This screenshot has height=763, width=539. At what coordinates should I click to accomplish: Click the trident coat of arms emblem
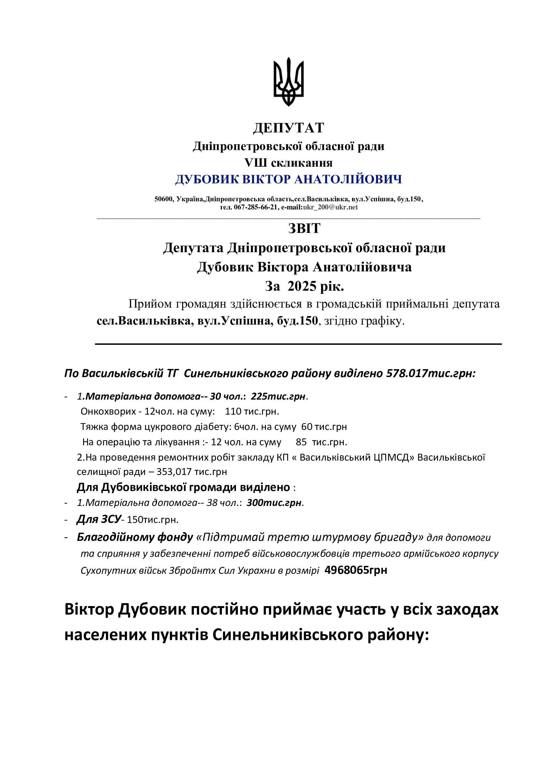(x=288, y=82)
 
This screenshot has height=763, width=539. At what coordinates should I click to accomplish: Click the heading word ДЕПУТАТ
(x=288, y=128)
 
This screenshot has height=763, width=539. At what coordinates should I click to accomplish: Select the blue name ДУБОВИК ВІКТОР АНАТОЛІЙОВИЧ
(x=288, y=179)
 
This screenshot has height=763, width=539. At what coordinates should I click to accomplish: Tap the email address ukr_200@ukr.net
(x=330, y=207)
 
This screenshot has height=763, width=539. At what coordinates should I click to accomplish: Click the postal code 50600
(x=164, y=199)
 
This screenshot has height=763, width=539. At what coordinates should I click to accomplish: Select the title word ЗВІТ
(x=304, y=229)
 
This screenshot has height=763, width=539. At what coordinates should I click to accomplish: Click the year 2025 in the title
(x=302, y=286)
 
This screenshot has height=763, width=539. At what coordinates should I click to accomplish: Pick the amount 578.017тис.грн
(x=430, y=374)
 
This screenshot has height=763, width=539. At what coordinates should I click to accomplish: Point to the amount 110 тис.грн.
(x=252, y=412)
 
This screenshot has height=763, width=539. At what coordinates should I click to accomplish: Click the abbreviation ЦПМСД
(x=394, y=458)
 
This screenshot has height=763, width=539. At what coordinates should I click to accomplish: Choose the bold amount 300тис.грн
(x=274, y=503)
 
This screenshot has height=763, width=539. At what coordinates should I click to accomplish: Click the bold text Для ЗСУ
(x=99, y=519)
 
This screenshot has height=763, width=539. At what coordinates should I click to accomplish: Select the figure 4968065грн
(x=356, y=570)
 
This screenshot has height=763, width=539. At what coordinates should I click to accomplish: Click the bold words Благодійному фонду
(x=135, y=537)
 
